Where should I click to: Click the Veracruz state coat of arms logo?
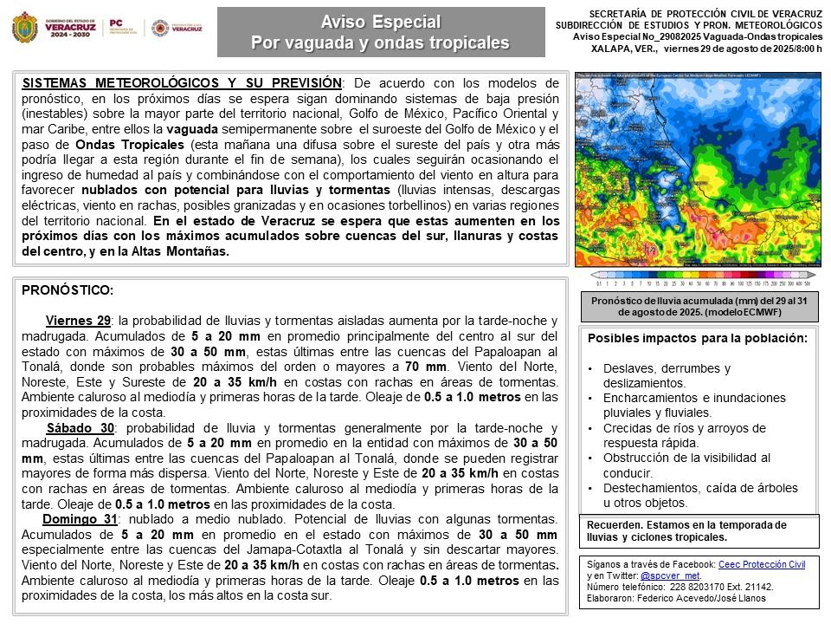tap(23, 28)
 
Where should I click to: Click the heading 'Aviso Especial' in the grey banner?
tap(381, 22)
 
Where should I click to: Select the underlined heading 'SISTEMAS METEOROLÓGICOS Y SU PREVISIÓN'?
tap(181, 83)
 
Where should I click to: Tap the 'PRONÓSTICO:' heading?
tap(68, 291)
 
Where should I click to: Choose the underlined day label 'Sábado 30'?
tap(80, 428)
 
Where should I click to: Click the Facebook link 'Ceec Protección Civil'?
tap(762, 564)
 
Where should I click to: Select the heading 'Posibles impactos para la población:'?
tap(698, 338)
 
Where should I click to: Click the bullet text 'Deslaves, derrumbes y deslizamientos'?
tap(667, 375)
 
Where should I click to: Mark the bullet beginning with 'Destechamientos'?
tap(700, 495)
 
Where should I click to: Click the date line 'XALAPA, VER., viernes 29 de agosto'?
tap(706, 49)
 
